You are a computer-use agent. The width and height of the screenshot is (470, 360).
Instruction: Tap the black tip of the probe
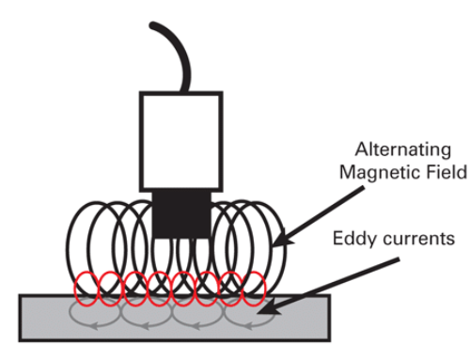[180, 211]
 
